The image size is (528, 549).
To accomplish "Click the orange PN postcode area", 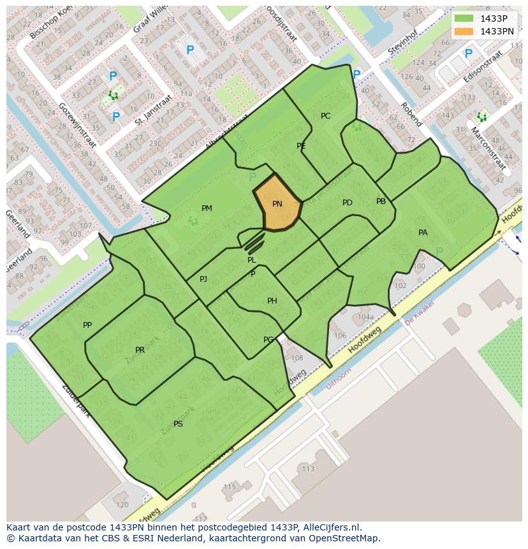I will pos(278,204).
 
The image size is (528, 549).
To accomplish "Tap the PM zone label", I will pos(207,209).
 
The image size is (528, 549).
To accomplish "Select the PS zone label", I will pos(178,423).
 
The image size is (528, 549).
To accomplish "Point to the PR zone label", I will pos(140,350).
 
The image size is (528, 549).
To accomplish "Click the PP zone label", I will pos(87,325).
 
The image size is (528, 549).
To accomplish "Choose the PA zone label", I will pos(423,233).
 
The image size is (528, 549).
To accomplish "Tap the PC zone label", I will pos(325,116).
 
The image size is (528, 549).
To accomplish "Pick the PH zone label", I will pos(272,301).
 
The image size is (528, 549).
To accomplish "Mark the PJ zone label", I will pos(203,279).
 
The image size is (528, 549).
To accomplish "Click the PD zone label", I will pos(347,203).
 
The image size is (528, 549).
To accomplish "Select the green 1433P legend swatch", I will pos(464,18).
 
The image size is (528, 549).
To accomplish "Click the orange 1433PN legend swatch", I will pos(464,31).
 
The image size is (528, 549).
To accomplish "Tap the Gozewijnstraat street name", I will pos(77,124).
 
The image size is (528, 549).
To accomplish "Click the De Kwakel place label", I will pos(419,312).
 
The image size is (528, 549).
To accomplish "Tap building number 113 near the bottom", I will pos(308,469).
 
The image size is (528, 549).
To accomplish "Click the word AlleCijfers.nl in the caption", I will pos(331,527).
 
